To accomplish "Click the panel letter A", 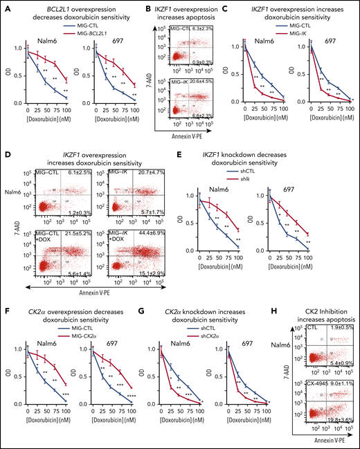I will (4, 5).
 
